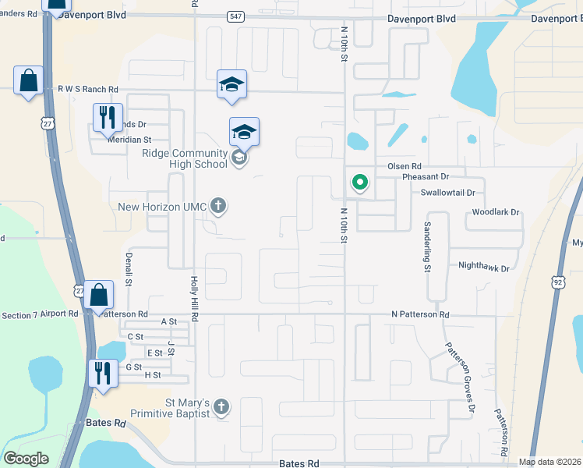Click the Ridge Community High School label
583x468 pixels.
click(x=184, y=158)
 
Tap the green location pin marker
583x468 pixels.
click(x=359, y=183)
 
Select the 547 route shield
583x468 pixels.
click(x=235, y=16)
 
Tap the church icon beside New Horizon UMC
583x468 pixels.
click(x=219, y=207)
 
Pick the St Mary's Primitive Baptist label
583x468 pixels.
click(x=187, y=408)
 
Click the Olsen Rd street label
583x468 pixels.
click(x=404, y=167)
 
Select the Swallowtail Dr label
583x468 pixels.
click(x=447, y=192)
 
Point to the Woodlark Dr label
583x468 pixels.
click(x=496, y=211)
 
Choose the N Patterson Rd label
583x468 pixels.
click(x=420, y=314)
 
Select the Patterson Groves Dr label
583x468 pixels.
click(x=460, y=377)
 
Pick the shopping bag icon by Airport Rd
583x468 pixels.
click(x=100, y=295)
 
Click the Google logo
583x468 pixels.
click(x=26, y=459)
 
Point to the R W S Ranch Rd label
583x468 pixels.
click(x=87, y=90)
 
